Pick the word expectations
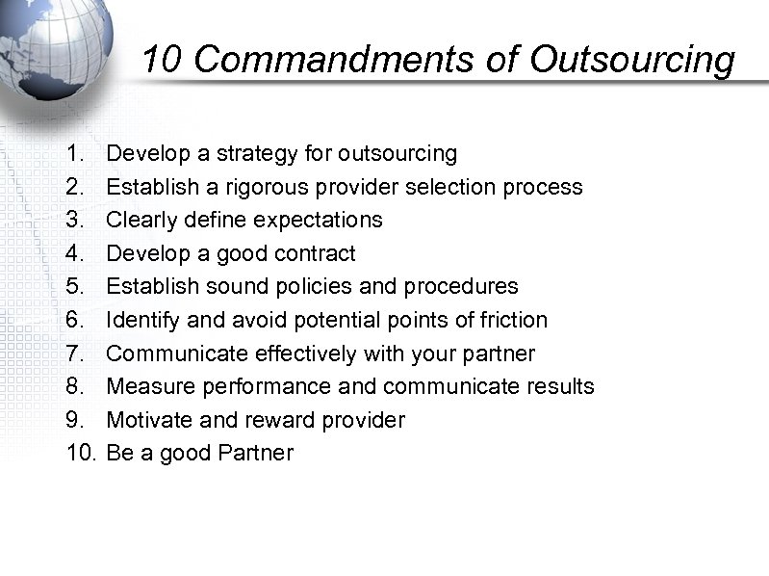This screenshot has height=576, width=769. point(320,220)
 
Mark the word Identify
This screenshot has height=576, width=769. point(141,320)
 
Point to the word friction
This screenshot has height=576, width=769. point(513,320)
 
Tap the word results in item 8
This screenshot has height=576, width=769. point(559,387)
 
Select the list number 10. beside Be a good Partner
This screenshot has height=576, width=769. point(82,453)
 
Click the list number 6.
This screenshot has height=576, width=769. point(75,320)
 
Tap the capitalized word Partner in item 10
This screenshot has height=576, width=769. point(256,453)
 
